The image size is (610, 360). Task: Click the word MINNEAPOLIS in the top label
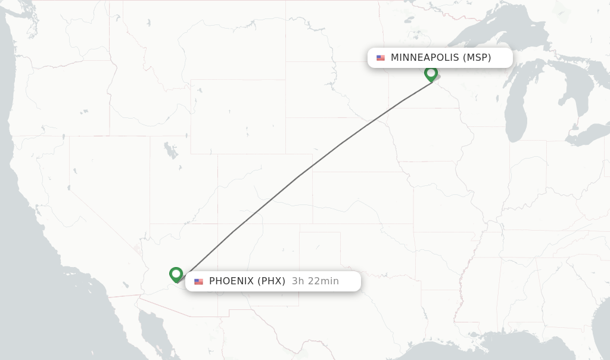(x=425, y=58)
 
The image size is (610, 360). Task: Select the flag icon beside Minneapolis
(x=381, y=58)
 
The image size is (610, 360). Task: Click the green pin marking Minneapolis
(x=431, y=74)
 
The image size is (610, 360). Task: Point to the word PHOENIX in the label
(x=231, y=281)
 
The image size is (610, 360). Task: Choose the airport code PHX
(x=272, y=281)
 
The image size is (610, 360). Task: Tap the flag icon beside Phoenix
(x=198, y=281)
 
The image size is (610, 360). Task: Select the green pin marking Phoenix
(x=176, y=274)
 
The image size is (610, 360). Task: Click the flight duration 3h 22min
(x=315, y=281)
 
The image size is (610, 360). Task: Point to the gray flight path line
(x=298, y=176)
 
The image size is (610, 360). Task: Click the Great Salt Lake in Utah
(x=171, y=151)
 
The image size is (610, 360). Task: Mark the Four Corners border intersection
(x=218, y=224)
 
